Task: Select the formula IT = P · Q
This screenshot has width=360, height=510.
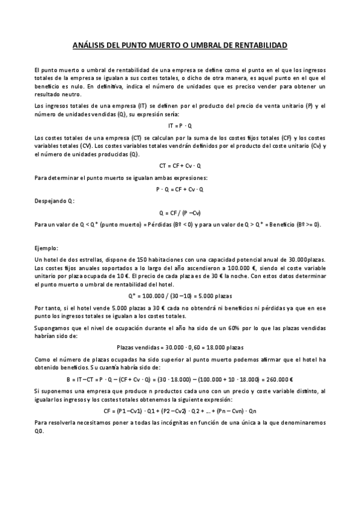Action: point(180,125)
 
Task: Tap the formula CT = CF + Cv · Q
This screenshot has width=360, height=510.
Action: point(180,165)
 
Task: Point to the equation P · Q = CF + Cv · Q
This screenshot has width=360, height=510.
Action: point(180,189)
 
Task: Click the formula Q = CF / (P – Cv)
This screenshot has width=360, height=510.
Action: point(180,213)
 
